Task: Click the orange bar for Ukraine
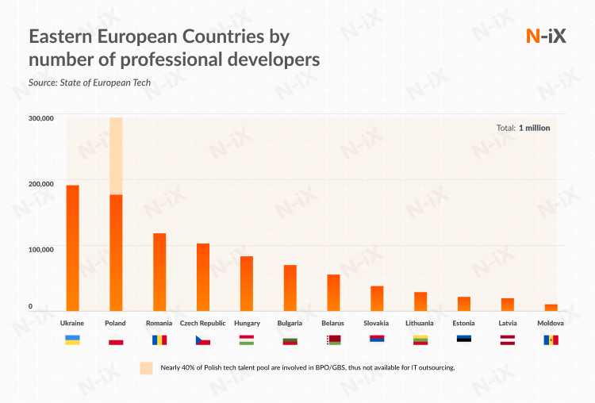tap(72, 248)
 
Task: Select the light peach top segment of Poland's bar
tap(116, 156)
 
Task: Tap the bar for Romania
tap(159, 272)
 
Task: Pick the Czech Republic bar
tap(203, 277)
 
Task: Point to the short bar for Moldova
tap(551, 307)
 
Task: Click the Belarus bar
tap(333, 293)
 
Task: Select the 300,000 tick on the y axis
tap(41, 118)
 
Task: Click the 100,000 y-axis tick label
tap(41, 249)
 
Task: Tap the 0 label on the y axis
tap(31, 306)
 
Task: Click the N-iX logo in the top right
tap(546, 35)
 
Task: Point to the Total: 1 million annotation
tap(523, 128)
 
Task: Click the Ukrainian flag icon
tap(72, 340)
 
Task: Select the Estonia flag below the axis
tap(464, 340)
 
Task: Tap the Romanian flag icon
tap(159, 340)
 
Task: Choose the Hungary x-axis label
tap(247, 324)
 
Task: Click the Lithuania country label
tap(420, 324)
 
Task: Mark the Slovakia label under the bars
tap(376, 324)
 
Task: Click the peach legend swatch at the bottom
tap(146, 368)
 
